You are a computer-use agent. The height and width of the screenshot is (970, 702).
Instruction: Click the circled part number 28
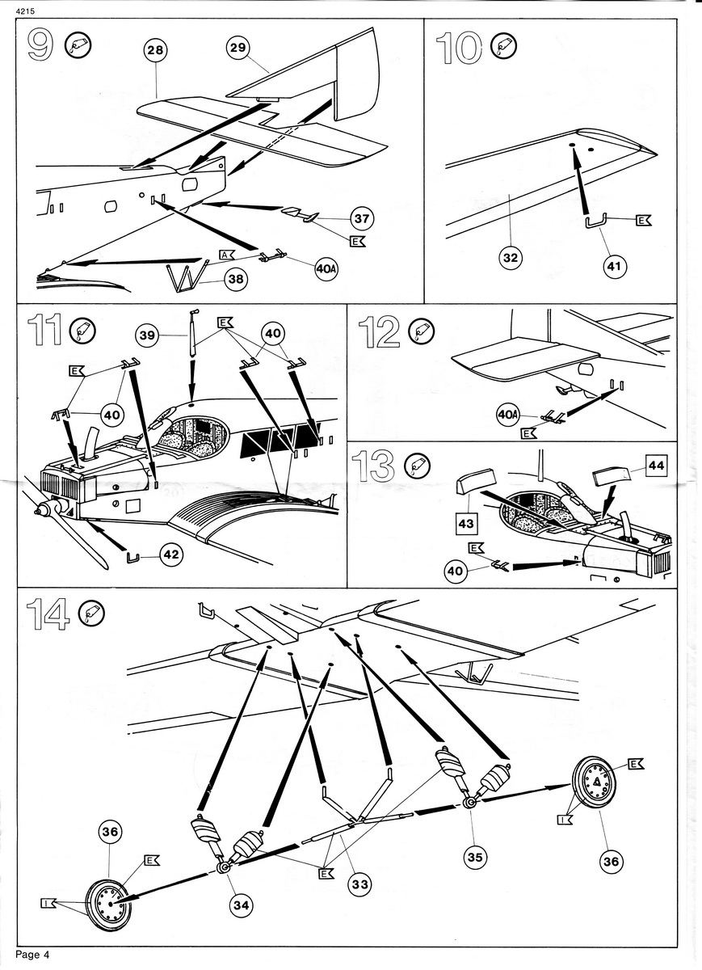[155, 51]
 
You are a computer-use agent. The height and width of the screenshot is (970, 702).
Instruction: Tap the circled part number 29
[238, 47]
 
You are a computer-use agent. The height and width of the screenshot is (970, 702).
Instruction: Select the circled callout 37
[361, 219]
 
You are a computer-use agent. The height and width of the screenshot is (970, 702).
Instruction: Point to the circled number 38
[236, 279]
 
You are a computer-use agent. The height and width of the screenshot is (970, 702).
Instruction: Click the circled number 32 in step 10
[511, 258]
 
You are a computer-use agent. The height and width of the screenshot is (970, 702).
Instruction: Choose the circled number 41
[615, 265]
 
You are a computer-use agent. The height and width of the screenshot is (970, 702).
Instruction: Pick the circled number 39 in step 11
[148, 335]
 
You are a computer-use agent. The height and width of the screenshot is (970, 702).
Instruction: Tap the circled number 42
[171, 555]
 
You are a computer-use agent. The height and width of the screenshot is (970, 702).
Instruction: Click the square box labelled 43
[465, 524]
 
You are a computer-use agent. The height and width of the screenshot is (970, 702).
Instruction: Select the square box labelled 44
[657, 466]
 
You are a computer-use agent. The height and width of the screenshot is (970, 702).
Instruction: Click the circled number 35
[475, 857]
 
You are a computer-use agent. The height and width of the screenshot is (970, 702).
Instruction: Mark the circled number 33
[360, 884]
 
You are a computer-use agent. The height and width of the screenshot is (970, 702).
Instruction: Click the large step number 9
[40, 45]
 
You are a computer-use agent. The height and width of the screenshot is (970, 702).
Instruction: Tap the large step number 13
[372, 466]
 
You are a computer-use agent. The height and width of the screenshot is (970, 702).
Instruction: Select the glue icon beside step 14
[92, 614]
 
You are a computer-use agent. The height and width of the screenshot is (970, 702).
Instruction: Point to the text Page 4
[33, 955]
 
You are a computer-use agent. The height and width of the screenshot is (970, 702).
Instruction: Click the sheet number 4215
[25, 11]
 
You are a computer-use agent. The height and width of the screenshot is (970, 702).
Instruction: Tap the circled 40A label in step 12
[508, 415]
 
